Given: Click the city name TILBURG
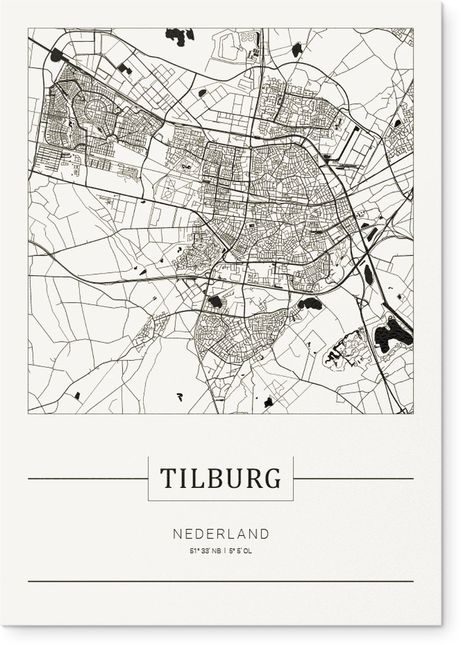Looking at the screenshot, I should [x=220, y=478].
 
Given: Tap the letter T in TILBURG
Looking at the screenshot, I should [x=167, y=478].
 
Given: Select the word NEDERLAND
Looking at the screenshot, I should [x=221, y=534].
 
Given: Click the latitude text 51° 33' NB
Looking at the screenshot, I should [x=204, y=551].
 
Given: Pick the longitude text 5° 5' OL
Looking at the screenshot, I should [x=240, y=551].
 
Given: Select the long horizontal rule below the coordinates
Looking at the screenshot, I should [x=220, y=581].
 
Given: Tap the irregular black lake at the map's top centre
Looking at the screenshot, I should [x=179, y=36].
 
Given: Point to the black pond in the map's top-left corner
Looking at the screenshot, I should [x=57, y=55].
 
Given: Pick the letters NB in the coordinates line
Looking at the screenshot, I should [x=216, y=551].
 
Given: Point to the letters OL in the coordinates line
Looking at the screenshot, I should [x=248, y=551].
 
